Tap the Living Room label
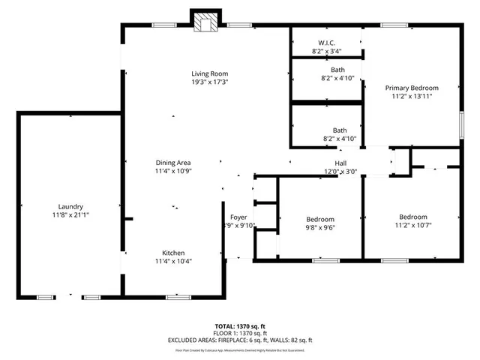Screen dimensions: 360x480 [209, 73]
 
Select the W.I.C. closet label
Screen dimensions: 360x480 [326, 43]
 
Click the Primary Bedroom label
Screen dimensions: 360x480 [412, 88]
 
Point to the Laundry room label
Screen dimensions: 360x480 [70, 206]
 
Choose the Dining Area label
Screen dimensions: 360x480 [172, 163]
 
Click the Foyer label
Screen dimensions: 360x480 [238, 217]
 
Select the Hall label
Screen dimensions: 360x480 [340, 163]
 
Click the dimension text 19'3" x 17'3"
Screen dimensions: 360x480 [209, 82]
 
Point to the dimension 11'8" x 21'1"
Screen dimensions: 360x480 [70, 215]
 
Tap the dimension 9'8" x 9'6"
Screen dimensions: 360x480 [319, 227]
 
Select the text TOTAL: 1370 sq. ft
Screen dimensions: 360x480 [240, 326]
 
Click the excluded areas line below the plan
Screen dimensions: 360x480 [240, 340]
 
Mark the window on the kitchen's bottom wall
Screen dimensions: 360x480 [177, 298]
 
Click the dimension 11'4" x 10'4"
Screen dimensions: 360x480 [174, 262]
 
